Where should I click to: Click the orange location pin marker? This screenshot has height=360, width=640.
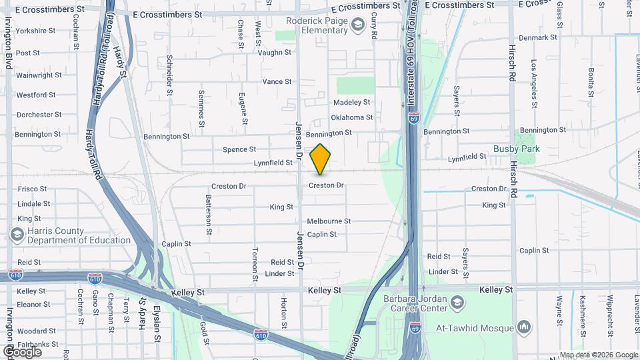click(321, 159)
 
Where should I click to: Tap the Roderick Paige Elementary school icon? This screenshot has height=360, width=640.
click(358, 25)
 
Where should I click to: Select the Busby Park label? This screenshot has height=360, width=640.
click(516, 149)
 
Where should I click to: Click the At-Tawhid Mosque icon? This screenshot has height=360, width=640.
click(523, 327)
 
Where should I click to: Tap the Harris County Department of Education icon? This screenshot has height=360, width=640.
click(17, 235)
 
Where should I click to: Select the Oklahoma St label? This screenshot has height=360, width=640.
click(351, 118)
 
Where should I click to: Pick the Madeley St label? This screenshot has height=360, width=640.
click(351, 102)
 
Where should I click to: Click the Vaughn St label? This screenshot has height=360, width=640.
click(275, 52)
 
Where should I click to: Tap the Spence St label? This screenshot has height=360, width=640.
click(239, 150)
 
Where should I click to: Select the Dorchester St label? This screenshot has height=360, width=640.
click(39, 115)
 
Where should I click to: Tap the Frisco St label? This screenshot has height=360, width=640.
click(32, 189)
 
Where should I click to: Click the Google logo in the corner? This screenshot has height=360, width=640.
click(23, 351)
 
